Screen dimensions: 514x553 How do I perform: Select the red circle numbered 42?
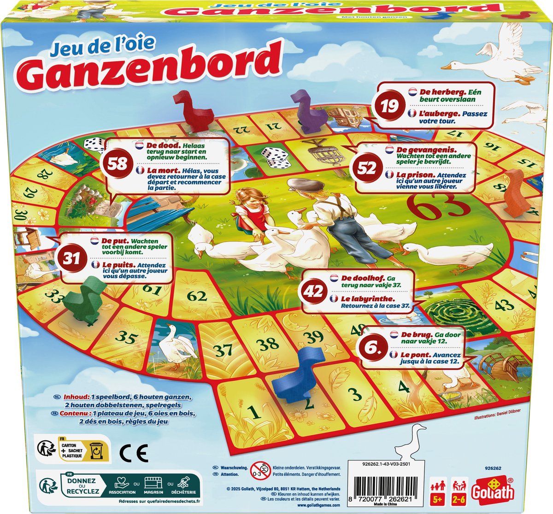click(314, 292)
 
